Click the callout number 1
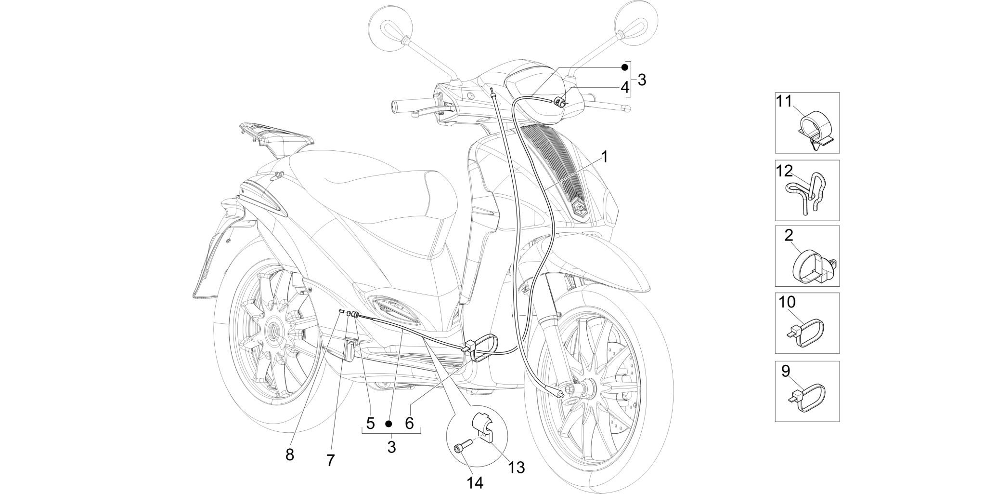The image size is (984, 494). (x=604, y=157)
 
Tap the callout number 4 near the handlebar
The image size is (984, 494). (x=625, y=88)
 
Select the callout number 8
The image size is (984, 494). (x=289, y=454)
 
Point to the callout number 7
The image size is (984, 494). (x=330, y=460)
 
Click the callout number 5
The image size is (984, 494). (x=370, y=423)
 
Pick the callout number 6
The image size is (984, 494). (x=409, y=423)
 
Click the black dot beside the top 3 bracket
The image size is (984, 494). (x=625, y=67)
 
